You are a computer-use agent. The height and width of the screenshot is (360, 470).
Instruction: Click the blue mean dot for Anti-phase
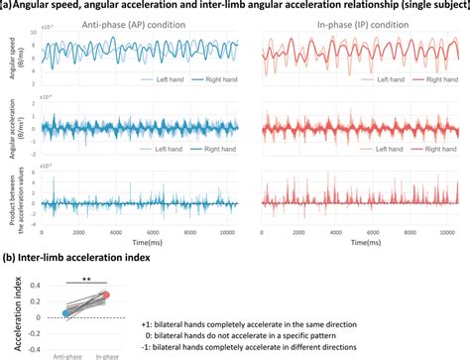pyautogui.click(x=65, y=313)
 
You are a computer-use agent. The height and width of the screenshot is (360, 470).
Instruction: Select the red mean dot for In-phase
pyautogui.click(x=106, y=296)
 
